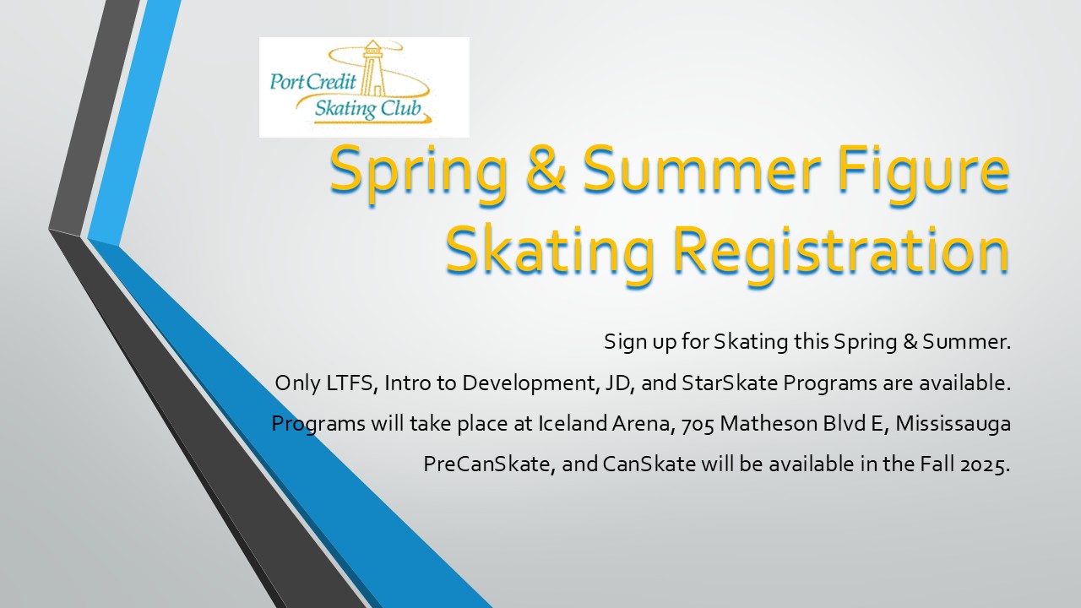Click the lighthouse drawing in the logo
[373, 68]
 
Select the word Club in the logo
[401, 109]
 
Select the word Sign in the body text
[626, 343]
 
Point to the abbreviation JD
[619, 383]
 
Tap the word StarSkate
[730, 383]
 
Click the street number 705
[698, 425]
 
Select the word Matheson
[769, 424]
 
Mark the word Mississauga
[953, 425]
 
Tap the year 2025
[985, 465]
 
